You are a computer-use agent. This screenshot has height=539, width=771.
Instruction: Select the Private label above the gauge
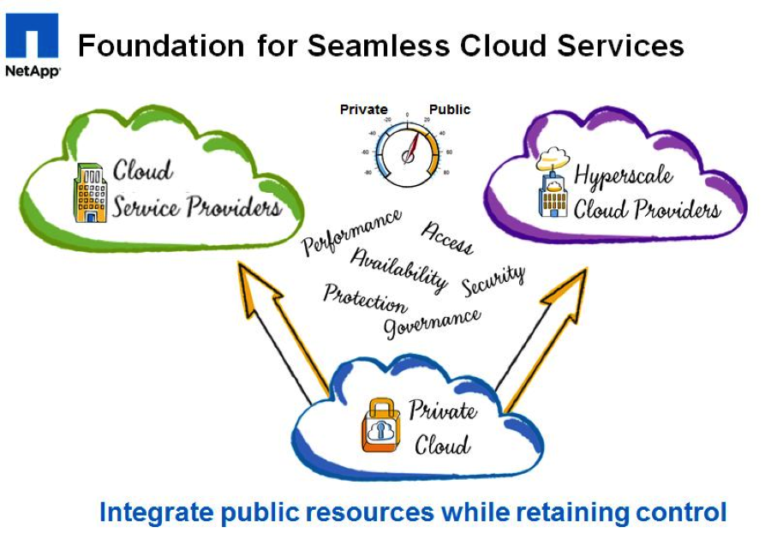tap(363, 110)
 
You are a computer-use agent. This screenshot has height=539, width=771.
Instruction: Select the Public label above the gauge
tap(450, 110)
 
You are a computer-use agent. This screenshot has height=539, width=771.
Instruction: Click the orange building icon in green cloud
tap(90, 192)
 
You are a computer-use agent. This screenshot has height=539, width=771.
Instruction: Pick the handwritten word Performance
tap(351, 231)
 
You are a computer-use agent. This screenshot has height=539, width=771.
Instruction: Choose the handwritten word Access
tap(446, 238)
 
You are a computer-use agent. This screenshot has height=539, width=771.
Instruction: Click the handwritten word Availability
tap(399, 268)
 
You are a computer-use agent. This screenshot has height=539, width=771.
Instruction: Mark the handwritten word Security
tap(493, 280)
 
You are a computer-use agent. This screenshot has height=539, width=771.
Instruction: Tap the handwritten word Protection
tap(365, 298)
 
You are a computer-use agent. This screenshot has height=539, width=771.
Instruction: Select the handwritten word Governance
tap(432, 322)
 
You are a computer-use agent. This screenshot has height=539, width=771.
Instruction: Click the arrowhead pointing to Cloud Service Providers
tap(252, 283)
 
